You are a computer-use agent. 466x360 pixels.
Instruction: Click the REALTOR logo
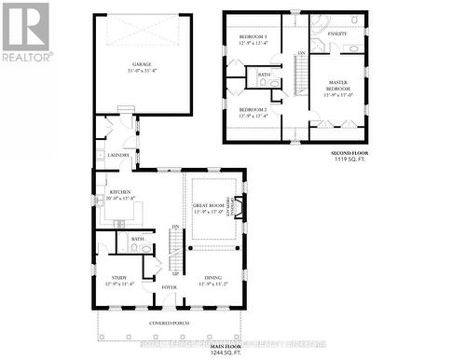coord(25,31)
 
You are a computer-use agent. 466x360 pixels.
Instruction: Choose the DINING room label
coord(210,279)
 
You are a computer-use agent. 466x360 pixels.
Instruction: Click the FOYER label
coord(168,288)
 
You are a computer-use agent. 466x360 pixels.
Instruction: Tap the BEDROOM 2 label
coord(252,112)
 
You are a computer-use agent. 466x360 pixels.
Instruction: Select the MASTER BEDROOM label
coord(336,87)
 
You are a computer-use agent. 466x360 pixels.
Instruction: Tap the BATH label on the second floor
coord(264,75)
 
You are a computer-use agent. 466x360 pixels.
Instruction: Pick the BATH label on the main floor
coord(139,240)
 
